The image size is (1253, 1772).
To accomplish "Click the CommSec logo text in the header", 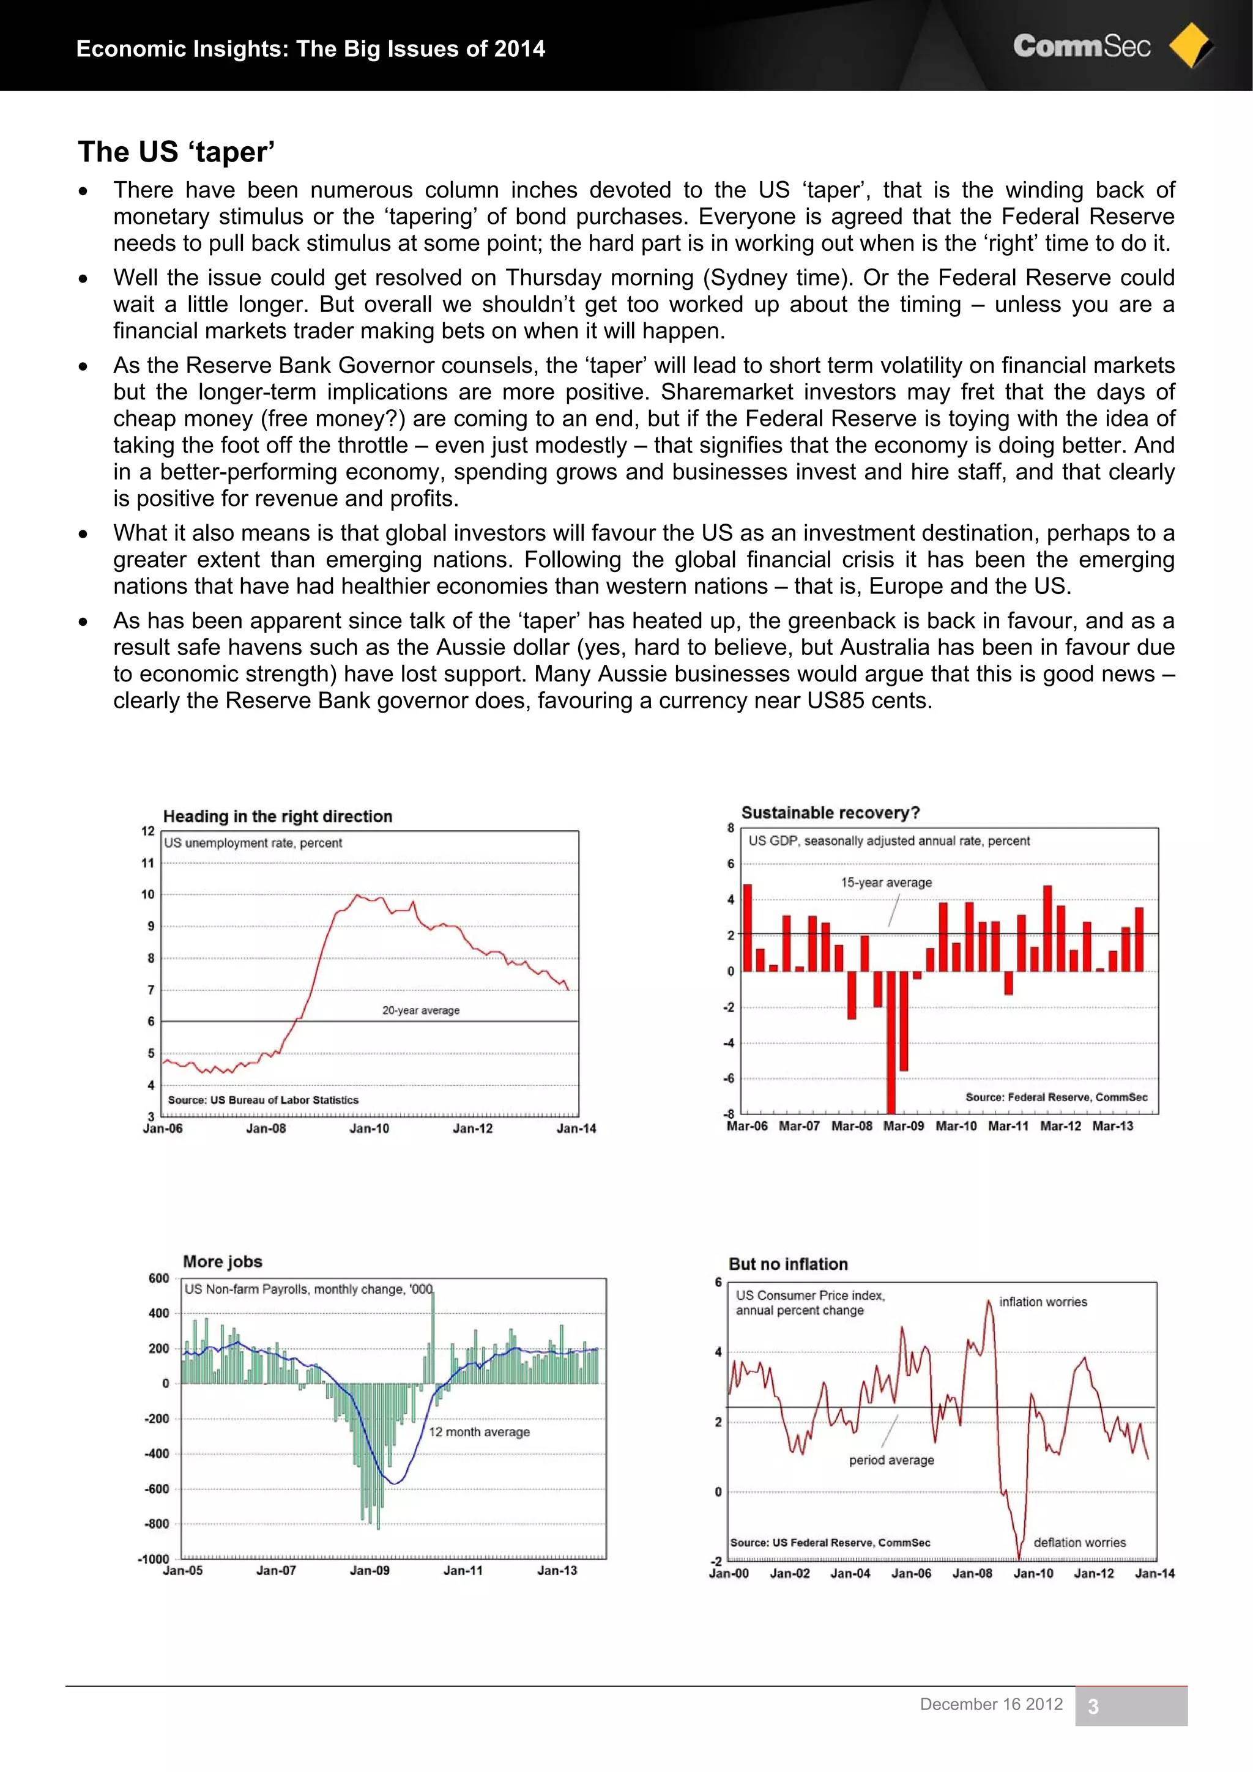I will point(1081,46).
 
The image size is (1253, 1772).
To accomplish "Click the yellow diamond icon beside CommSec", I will point(1191,45).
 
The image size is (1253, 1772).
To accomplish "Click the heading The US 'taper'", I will point(176,152).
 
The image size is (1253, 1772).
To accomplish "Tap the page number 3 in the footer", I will point(1093,1707).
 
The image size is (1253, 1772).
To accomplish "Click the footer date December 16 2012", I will point(991,1704).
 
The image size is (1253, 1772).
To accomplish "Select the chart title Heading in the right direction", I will point(277,817).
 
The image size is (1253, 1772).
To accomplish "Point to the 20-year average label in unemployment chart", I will point(421,1010).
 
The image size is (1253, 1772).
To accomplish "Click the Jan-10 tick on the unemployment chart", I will point(369,1129).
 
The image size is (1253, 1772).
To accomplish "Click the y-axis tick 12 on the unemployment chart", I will point(147,831).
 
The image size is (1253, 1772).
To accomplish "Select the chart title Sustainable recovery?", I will point(830,813).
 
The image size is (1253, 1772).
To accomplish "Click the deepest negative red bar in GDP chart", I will point(891,1042).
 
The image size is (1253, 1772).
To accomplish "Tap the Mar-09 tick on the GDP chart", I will point(903,1126).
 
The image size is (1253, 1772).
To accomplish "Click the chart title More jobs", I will point(222,1262).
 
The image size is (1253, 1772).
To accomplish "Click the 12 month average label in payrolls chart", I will point(478,1432).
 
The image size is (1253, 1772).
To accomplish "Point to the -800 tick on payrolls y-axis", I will point(157,1524).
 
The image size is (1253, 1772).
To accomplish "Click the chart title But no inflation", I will point(787,1264).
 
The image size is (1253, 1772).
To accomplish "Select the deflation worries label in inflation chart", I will point(1079,1542).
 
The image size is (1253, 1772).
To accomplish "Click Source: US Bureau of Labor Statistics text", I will point(263,1100).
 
